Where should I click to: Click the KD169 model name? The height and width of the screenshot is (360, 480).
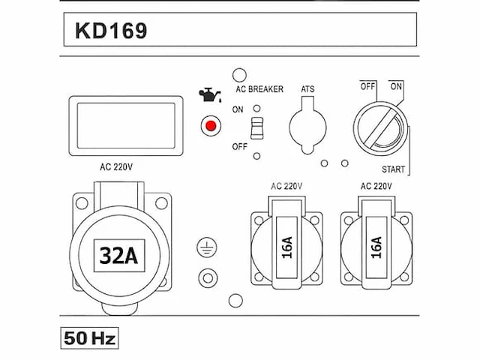111,31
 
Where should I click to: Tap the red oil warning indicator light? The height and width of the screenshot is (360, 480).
211,126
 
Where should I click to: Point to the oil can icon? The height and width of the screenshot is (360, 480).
210,94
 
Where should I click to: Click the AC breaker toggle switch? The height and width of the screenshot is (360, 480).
256,128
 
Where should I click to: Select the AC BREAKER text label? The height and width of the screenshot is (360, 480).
259,89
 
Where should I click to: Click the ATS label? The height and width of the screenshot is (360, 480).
307,89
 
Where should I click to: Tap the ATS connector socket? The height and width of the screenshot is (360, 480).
307,125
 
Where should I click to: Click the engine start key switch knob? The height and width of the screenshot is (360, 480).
381,128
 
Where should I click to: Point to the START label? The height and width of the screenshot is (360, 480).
393,169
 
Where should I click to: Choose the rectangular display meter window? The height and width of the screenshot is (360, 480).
126,126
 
